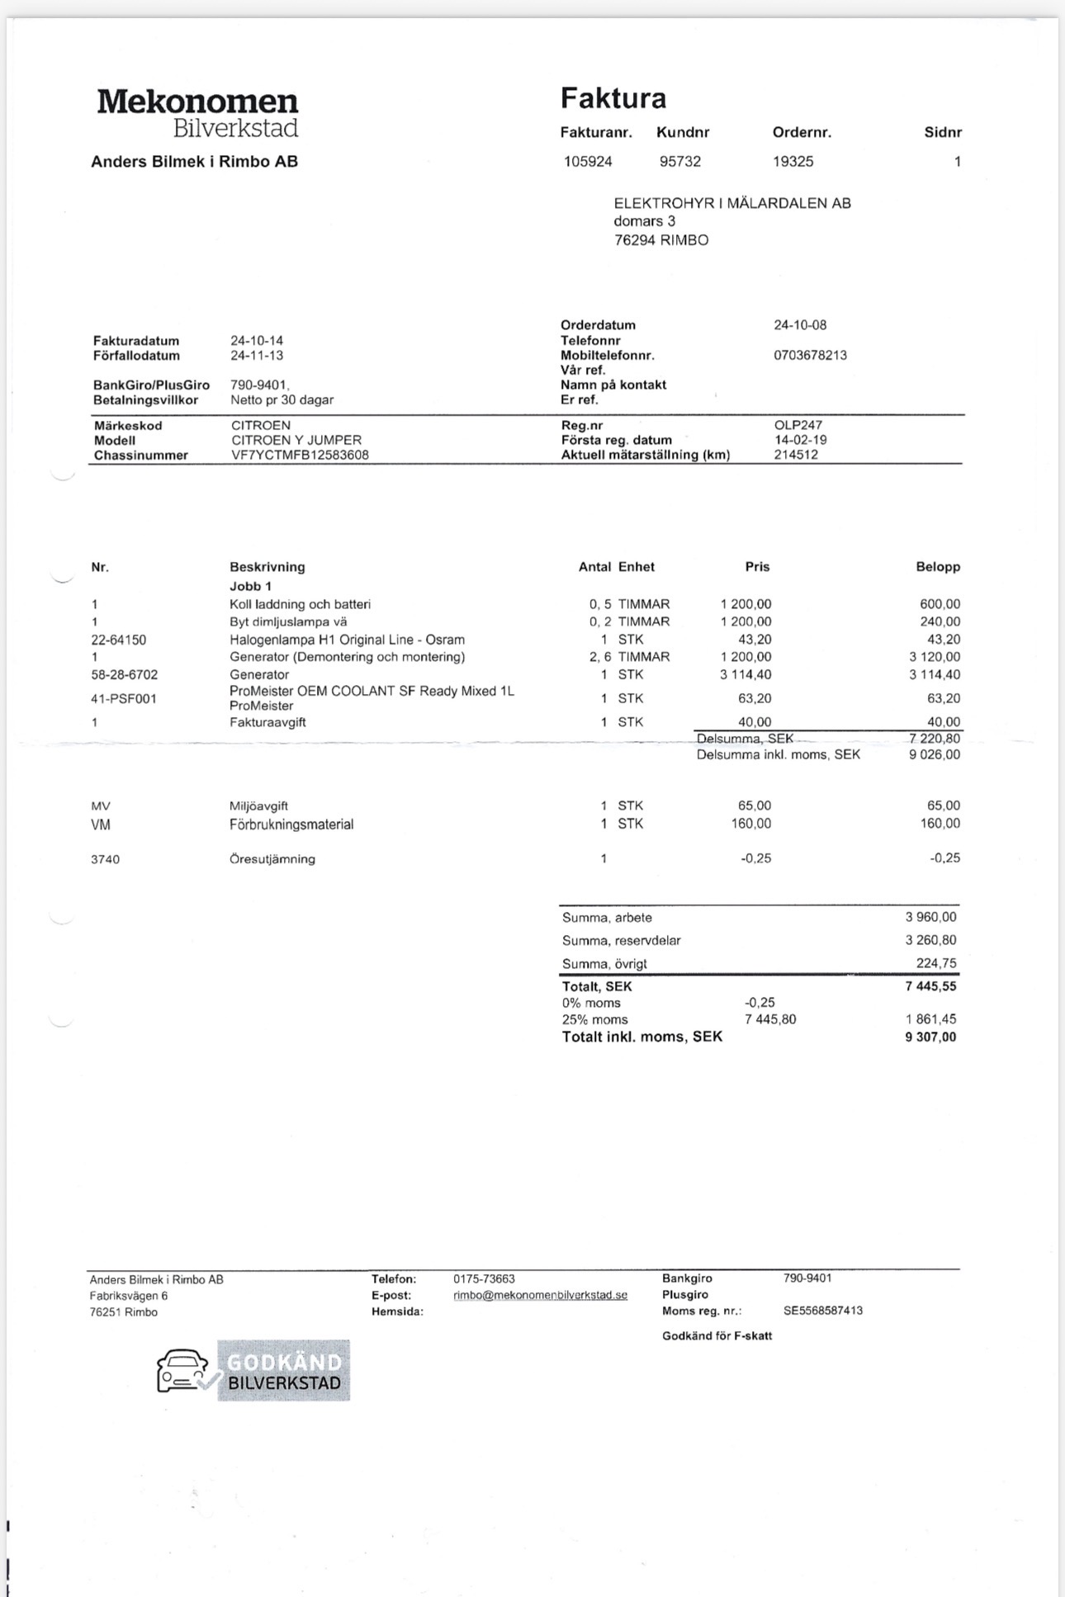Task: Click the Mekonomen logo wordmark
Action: click(197, 102)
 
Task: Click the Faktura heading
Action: click(613, 98)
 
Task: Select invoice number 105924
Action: click(588, 162)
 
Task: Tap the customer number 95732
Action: click(679, 162)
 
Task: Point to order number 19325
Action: click(793, 162)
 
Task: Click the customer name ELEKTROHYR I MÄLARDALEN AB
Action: click(731, 203)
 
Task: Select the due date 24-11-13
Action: click(257, 356)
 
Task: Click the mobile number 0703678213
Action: click(810, 356)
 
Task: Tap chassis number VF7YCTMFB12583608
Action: click(300, 456)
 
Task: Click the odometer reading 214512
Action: click(796, 455)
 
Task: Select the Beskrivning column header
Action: click(267, 567)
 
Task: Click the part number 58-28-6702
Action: click(124, 675)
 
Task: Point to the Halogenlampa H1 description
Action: click(347, 640)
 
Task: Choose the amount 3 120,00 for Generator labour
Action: click(935, 657)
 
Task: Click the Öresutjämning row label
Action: click(272, 859)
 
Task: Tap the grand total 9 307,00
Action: click(930, 1037)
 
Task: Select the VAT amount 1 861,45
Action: click(931, 1019)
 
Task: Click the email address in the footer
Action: click(540, 1296)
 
